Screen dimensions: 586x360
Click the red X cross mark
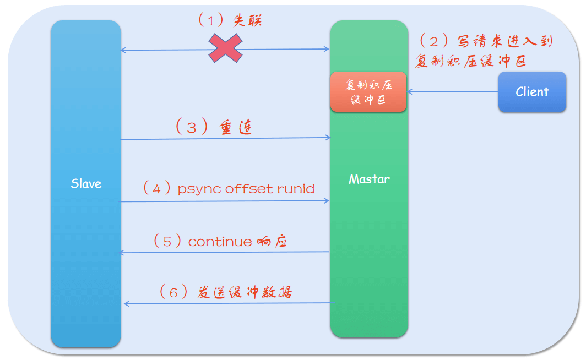(226, 48)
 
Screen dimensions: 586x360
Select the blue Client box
(532, 92)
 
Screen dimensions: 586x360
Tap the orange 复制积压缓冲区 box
(368, 92)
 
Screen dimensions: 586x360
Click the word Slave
(86, 184)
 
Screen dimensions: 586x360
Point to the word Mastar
(369, 179)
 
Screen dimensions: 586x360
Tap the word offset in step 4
(248, 189)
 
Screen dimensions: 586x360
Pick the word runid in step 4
(296, 189)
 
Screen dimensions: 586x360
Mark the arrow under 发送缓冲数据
(229, 303)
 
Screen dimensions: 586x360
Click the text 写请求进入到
(504, 41)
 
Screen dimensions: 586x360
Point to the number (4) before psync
(156, 189)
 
